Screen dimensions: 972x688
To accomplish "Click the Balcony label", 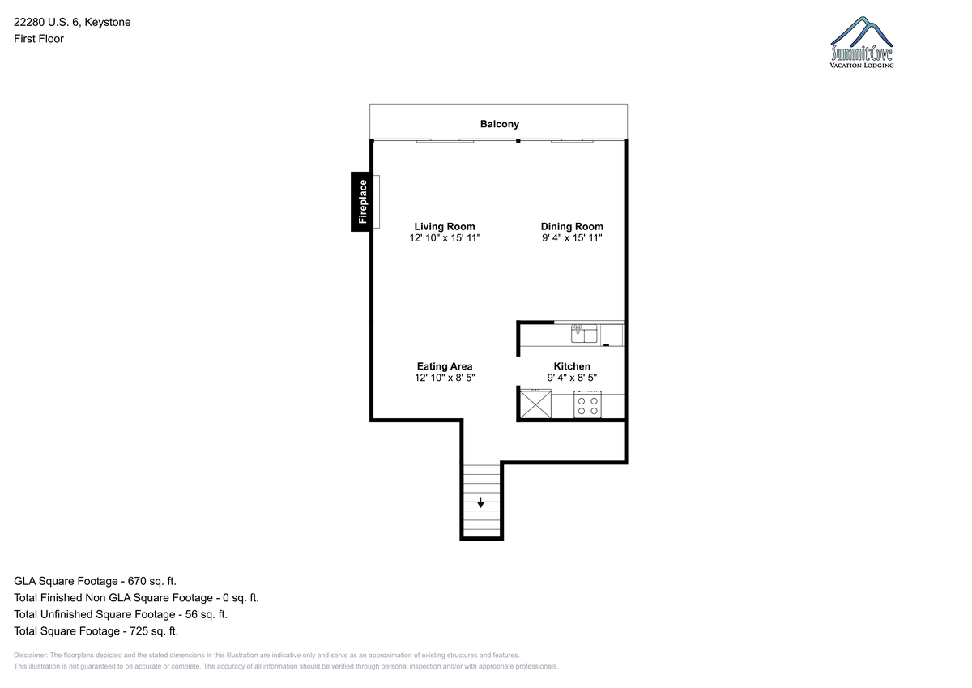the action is pyautogui.click(x=500, y=124).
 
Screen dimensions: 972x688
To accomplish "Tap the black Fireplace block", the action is pyautogui.click(x=361, y=202).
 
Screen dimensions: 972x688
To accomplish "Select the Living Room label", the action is pyautogui.click(x=445, y=227).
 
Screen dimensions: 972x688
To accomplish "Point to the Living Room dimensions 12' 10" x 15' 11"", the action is pyautogui.click(x=445, y=238).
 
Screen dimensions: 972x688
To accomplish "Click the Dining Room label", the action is pyautogui.click(x=572, y=227).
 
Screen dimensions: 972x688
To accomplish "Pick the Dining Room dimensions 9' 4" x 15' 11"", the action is pyautogui.click(x=572, y=238).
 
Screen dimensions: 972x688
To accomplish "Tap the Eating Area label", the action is pyautogui.click(x=445, y=366).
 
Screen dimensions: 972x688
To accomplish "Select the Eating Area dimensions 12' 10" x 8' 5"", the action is pyautogui.click(x=445, y=378).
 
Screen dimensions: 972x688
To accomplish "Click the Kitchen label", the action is pyautogui.click(x=572, y=366).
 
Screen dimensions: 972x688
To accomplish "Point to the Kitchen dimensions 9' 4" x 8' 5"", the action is pyautogui.click(x=572, y=378).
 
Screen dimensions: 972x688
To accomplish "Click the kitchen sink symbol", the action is pyautogui.click(x=584, y=334).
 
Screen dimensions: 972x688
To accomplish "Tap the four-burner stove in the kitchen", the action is pyautogui.click(x=587, y=404).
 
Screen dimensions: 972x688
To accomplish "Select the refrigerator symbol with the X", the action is pyautogui.click(x=535, y=404).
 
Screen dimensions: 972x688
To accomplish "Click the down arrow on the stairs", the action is pyautogui.click(x=480, y=502).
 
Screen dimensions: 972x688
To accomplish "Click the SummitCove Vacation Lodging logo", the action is pyautogui.click(x=861, y=42).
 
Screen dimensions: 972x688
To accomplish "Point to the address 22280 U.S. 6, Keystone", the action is pyautogui.click(x=72, y=22).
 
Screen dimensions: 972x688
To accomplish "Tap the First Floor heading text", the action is pyautogui.click(x=39, y=39).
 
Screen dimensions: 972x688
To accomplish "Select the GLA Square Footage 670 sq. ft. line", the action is pyautogui.click(x=95, y=581).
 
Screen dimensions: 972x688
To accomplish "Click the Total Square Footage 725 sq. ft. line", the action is pyautogui.click(x=96, y=631).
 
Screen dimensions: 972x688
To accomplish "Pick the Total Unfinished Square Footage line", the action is pyautogui.click(x=121, y=614).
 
